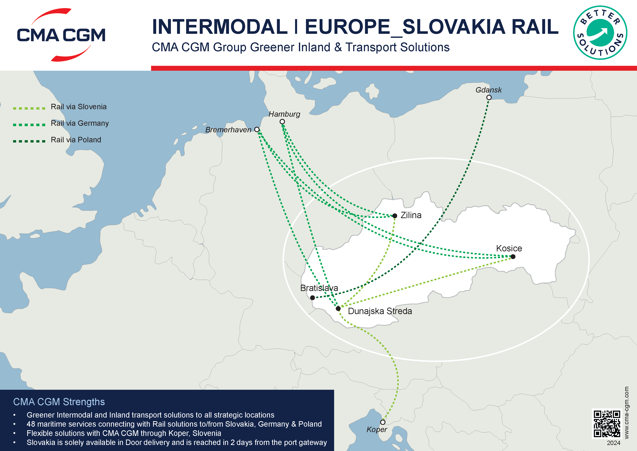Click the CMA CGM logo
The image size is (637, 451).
tap(61, 35)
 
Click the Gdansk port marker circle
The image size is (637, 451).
tap(489, 97)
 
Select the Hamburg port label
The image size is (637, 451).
tap(284, 114)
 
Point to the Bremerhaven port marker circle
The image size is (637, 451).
tap(257, 129)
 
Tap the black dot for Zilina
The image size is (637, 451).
tap(395, 216)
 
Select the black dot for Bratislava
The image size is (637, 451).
tap(312, 298)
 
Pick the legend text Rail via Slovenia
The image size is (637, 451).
tap(78, 107)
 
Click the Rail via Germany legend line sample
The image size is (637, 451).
tap(29, 125)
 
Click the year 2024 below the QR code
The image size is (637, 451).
tap(613, 443)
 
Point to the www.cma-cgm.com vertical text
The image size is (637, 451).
tap(626, 413)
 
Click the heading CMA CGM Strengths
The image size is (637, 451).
tap(59, 402)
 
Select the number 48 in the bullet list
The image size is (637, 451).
tap(31, 424)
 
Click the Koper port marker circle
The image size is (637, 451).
tap(383, 422)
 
